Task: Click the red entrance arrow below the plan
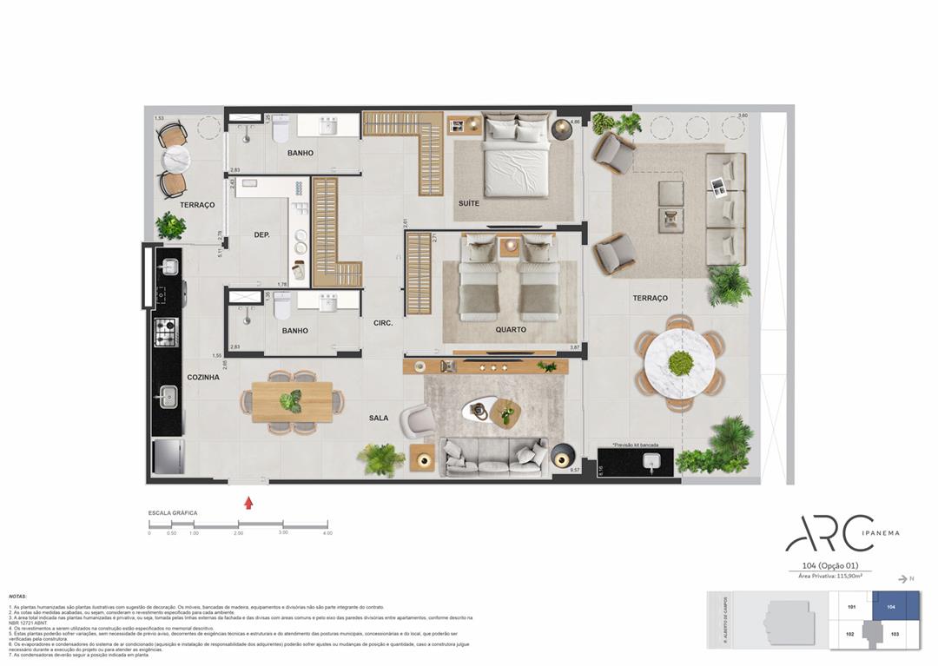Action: point(248,502)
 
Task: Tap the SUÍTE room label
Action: point(468,203)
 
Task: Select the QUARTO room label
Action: point(510,329)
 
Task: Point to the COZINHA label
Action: point(202,378)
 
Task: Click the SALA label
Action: point(378,418)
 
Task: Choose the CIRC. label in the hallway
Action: point(383,323)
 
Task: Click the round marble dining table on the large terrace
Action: point(680,363)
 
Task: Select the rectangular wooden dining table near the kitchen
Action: point(292,402)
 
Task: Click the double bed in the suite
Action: point(517,156)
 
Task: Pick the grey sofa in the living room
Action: point(493,457)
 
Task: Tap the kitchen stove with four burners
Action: point(165,332)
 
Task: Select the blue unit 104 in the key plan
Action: point(895,607)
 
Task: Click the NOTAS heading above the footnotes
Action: point(17,597)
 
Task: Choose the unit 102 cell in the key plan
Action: point(851,635)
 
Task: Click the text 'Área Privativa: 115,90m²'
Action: point(829,576)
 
